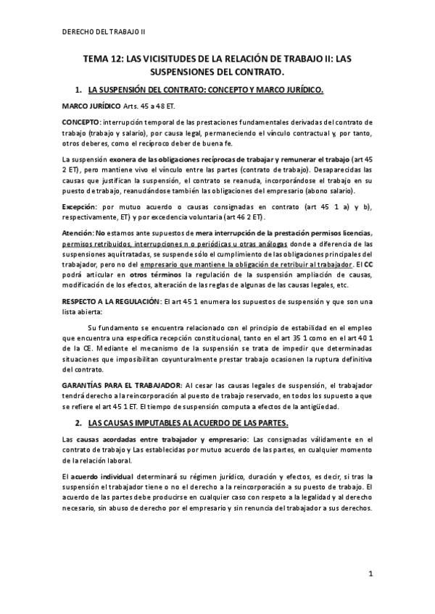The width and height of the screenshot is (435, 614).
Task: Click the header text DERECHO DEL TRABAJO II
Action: coord(104,32)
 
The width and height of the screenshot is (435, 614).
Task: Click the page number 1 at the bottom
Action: coord(370,575)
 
